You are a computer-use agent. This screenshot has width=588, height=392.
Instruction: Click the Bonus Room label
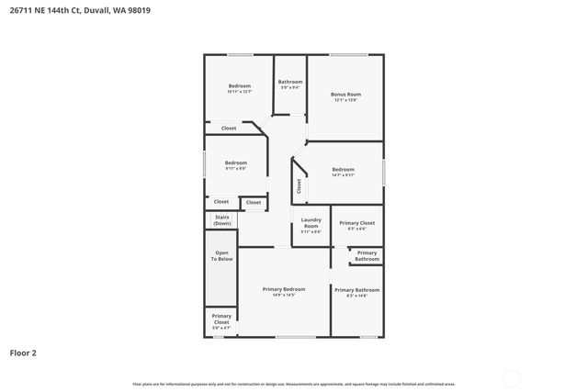tap(345, 94)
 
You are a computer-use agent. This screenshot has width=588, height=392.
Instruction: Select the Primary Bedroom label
tap(283, 289)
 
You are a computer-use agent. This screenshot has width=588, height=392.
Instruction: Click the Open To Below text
tap(222, 256)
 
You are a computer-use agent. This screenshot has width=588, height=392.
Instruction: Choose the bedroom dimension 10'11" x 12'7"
tap(239, 92)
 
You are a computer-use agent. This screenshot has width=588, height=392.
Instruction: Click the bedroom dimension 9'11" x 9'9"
tap(236, 169)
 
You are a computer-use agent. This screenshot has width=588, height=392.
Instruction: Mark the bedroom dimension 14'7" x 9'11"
tap(343, 175)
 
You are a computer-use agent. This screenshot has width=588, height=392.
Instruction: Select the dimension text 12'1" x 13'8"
tap(345, 100)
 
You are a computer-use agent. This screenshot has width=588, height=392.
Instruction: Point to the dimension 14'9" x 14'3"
tap(283, 296)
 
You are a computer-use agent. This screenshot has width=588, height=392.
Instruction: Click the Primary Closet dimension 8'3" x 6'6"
tap(356, 230)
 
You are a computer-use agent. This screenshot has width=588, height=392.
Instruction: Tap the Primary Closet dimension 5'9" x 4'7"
tap(221, 328)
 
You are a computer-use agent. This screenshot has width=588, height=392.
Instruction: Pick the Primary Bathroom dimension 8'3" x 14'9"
tap(356, 296)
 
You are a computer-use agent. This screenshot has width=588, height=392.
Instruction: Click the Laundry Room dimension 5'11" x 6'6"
tap(311, 231)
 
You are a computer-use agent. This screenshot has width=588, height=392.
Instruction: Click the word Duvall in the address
tap(95, 10)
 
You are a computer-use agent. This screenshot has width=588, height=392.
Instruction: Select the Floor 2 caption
tap(23, 353)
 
